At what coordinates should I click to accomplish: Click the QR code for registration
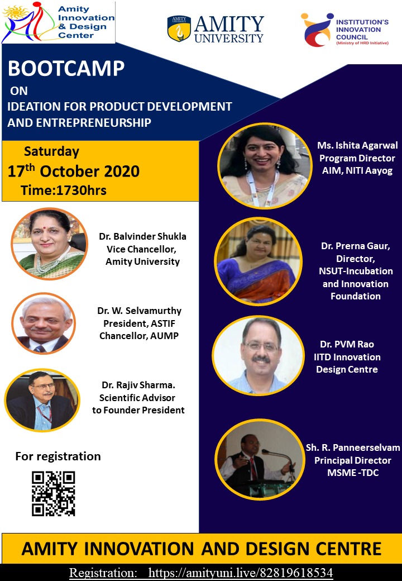pos(53,493)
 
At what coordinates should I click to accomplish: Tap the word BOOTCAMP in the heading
pos(66,69)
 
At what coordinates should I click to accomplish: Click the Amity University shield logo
pos(179,28)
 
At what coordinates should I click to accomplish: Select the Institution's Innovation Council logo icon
pos(317,30)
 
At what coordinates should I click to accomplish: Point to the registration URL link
pos(241,573)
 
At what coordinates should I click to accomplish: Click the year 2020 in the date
pos(122,171)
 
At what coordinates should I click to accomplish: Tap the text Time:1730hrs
pos(64,190)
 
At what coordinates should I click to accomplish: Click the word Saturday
pos(51,151)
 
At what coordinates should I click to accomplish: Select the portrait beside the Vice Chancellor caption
pos(49,244)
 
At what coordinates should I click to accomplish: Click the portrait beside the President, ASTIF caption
pos(44,323)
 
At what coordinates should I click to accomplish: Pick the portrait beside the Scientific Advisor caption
pos(42,400)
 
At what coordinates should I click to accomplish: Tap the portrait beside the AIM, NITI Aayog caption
pos(265,165)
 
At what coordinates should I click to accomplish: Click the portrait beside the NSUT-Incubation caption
pos(259,261)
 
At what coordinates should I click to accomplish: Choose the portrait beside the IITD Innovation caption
pos(259,355)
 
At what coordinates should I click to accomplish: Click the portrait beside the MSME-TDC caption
pos(260,459)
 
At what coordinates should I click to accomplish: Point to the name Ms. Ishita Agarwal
pos(357,145)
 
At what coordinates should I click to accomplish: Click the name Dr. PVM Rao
pos(347,344)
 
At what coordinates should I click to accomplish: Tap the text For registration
pos(58,456)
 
